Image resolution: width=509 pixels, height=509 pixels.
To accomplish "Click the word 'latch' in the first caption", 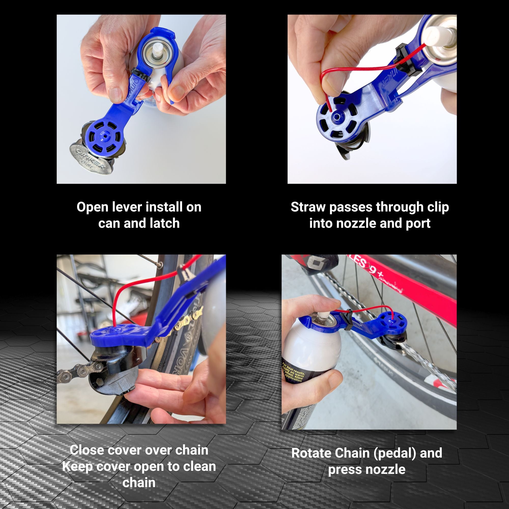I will point(165,223).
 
